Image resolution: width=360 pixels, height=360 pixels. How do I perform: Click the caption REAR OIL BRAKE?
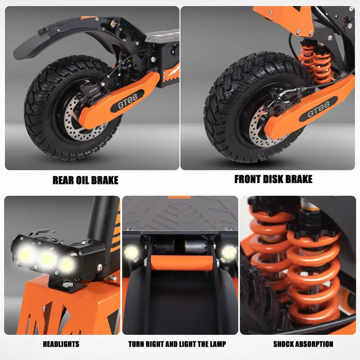click(85, 180)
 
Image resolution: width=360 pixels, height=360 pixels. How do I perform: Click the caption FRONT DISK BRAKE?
click(273, 179)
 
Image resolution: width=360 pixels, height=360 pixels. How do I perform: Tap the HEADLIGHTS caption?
click(61, 344)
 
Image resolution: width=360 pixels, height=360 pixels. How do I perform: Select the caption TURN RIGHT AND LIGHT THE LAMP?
click(177, 344)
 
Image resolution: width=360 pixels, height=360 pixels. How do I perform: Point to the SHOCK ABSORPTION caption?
click(303, 344)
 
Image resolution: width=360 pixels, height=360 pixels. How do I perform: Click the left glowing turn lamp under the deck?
click(132, 252)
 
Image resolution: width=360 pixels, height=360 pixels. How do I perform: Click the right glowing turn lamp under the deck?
click(229, 252)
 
